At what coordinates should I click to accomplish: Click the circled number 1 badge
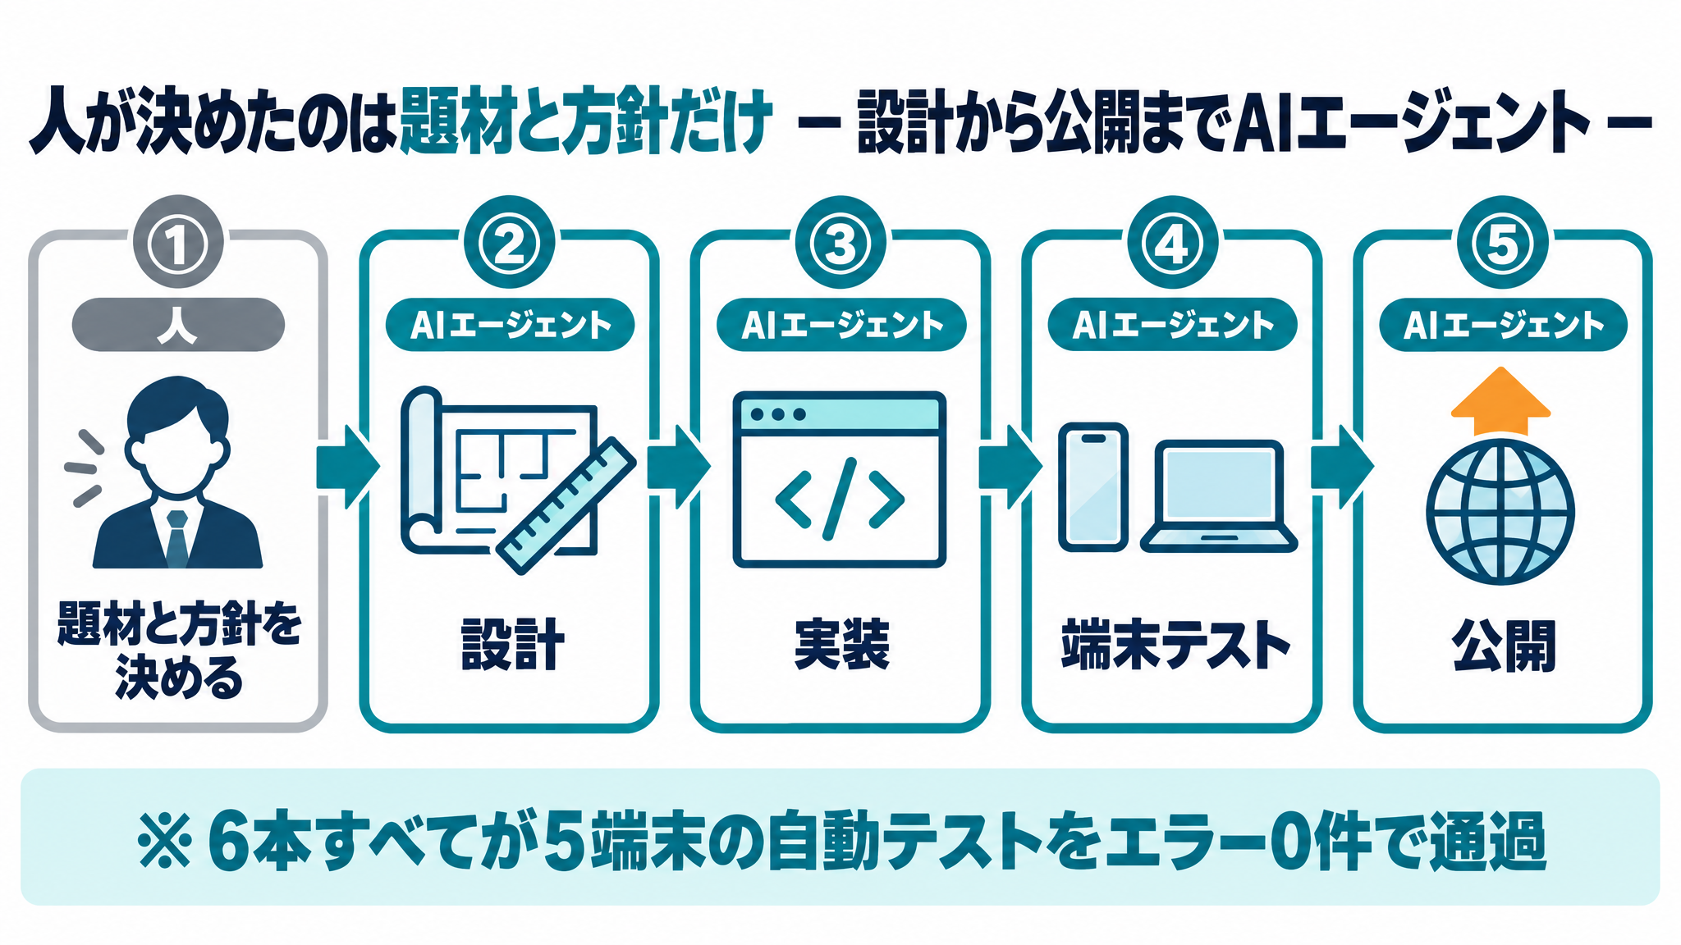click(x=177, y=244)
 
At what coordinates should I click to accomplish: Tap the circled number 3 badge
click(x=840, y=244)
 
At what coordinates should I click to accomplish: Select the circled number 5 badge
click(x=1502, y=244)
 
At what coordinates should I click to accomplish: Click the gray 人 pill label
click(x=178, y=325)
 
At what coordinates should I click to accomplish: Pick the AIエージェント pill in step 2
click(x=510, y=325)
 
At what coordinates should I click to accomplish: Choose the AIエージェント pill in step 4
click(x=1172, y=325)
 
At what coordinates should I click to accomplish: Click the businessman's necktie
click(x=177, y=537)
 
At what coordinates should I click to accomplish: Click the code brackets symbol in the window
click(x=839, y=498)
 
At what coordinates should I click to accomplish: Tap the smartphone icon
click(x=1092, y=486)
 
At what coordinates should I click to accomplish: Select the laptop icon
click(x=1219, y=496)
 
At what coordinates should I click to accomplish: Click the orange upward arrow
click(x=1500, y=401)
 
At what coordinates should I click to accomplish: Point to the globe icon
click(x=1500, y=511)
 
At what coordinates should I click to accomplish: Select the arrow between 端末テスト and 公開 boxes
click(x=1342, y=467)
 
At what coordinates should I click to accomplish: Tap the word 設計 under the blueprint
click(x=512, y=645)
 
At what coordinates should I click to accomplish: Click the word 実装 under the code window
click(x=841, y=645)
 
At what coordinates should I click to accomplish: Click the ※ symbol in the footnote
click(x=165, y=840)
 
